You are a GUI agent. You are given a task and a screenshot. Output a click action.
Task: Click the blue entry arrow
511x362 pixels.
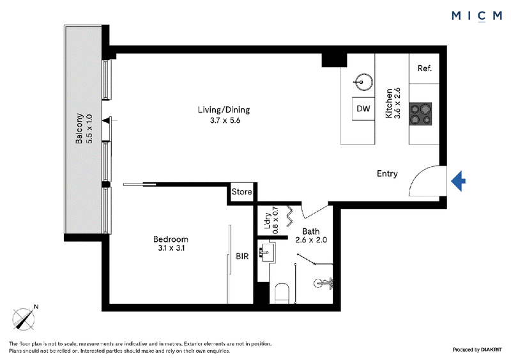(x=458, y=181)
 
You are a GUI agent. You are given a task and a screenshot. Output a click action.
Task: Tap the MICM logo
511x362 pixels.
(x=477, y=15)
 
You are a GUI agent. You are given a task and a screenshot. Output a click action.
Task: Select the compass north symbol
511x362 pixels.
(x=24, y=319)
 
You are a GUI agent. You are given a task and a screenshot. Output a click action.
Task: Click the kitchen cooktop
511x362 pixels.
(x=420, y=114)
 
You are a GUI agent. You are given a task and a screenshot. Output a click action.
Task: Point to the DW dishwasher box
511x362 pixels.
(x=363, y=109)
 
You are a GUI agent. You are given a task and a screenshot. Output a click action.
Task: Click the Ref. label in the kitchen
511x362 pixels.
(x=425, y=68)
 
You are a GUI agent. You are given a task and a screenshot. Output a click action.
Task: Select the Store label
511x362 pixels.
(x=242, y=192)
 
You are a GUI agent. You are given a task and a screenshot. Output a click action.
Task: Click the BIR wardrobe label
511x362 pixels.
(x=242, y=256)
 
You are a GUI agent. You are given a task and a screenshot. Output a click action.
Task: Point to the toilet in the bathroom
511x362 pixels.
(x=282, y=293)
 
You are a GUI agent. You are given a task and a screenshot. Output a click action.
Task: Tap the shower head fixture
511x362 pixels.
(x=323, y=283)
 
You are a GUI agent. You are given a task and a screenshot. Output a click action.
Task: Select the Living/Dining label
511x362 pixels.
(x=224, y=109)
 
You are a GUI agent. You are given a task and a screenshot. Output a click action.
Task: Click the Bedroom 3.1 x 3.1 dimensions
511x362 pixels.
(x=171, y=248)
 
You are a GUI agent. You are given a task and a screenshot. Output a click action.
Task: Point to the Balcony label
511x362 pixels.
(x=79, y=129)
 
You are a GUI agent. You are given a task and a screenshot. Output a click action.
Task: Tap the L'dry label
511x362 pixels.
(x=268, y=221)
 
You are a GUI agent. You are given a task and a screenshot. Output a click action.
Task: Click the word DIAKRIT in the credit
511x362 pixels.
(x=491, y=350)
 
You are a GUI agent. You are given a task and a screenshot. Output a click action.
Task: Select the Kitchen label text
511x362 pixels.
(x=389, y=103)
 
